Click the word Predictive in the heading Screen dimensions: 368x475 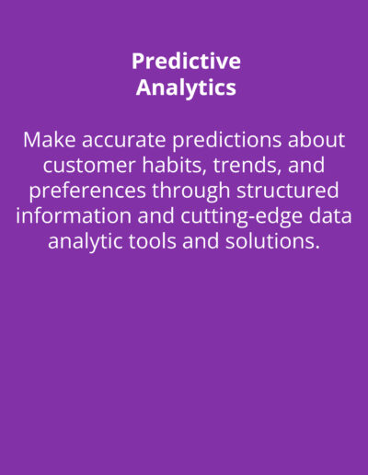(186, 61)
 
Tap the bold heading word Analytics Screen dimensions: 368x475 (186, 87)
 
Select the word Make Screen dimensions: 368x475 (50, 140)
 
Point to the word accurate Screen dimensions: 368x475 (124, 141)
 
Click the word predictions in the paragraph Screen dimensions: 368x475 (226, 141)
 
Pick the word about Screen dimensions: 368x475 (316, 140)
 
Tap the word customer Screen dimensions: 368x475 (89, 166)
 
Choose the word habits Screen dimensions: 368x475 (174, 165)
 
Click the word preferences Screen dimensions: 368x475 (87, 191)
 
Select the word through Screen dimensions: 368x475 (191, 191)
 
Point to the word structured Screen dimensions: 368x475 (288, 191)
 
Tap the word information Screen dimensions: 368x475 (74, 215)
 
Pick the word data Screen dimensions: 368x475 (330, 215)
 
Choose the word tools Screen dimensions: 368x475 (152, 241)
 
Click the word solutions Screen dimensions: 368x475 (270, 241)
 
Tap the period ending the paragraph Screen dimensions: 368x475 (317, 248)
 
